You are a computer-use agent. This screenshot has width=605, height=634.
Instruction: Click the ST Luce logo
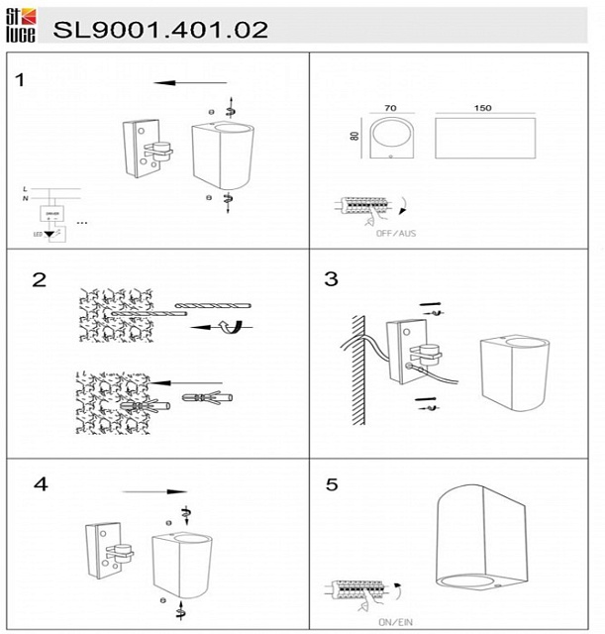click(22, 26)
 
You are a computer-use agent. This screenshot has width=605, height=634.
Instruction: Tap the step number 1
click(21, 79)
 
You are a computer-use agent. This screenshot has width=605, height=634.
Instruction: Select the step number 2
click(39, 279)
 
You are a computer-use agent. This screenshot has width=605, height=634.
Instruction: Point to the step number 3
click(331, 279)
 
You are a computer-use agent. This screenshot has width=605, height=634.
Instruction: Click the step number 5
click(332, 485)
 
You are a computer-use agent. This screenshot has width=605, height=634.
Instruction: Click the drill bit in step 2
click(212, 304)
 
